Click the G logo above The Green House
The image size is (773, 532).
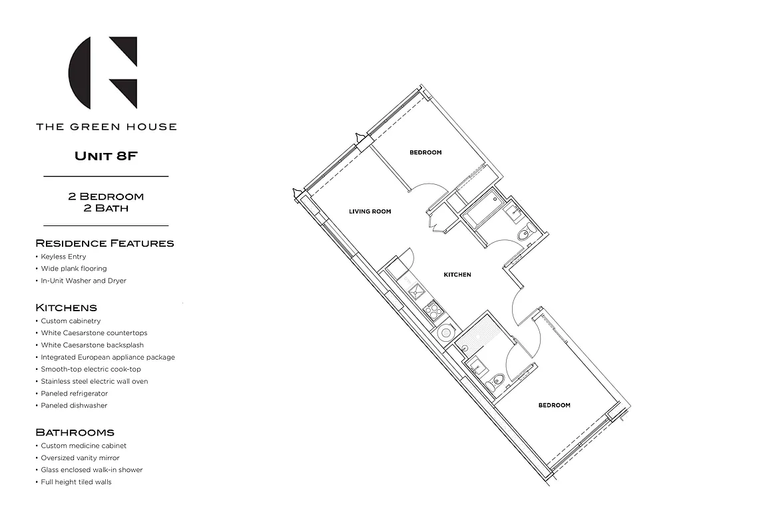click(104, 72)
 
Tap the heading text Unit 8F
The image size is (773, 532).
click(106, 157)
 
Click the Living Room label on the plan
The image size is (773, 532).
click(370, 211)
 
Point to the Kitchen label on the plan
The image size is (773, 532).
click(457, 275)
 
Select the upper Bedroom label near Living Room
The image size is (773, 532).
click(425, 152)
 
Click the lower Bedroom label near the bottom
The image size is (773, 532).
click(554, 405)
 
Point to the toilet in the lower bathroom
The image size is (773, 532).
click(496, 383)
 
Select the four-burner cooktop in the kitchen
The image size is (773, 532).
click(433, 309)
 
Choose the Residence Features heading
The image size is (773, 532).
click(105, 243)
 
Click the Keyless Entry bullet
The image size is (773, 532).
click(63, 257)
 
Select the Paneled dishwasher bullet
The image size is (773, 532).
click(74, 406)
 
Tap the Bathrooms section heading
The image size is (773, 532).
click(75, 432)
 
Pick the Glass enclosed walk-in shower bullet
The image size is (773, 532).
click(92, 470)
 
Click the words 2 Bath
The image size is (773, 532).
click(106, 208)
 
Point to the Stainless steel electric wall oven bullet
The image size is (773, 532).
click(95, 382)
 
